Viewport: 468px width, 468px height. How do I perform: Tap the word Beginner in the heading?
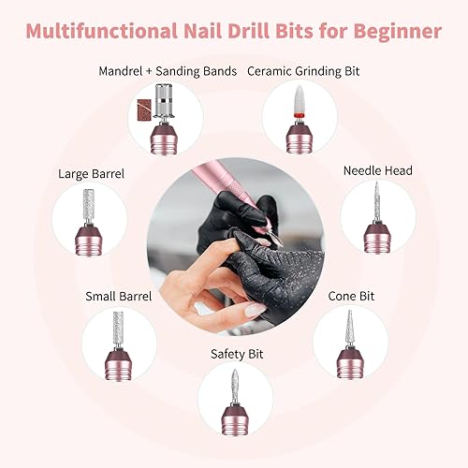(393, 31)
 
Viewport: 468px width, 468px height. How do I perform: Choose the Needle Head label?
(377, 170)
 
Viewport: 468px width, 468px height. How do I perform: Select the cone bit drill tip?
(347, 327)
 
